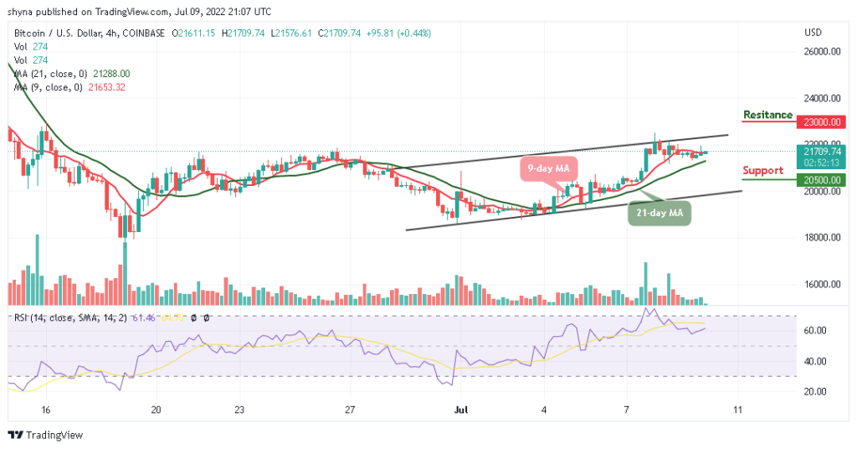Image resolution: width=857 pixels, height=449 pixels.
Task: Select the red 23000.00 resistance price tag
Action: pos(824,121)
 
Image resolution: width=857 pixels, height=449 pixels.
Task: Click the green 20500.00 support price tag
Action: pos(824,179)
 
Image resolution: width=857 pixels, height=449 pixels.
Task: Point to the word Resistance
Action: pos(767,115)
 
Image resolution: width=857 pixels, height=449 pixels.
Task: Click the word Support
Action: pos(763,170)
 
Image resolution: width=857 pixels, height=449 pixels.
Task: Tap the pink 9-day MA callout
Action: pos(549,169)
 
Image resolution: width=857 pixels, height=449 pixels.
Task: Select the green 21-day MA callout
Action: pos(659,214)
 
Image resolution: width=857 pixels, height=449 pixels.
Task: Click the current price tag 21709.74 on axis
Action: pos(824,152)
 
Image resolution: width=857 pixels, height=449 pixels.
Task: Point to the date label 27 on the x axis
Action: pos(351,410)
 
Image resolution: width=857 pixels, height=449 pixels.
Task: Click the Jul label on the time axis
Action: pos(460,410)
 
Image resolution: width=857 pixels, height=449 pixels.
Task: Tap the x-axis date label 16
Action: pos(46,410)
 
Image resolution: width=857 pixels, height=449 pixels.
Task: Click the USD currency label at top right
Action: pos(813,33)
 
